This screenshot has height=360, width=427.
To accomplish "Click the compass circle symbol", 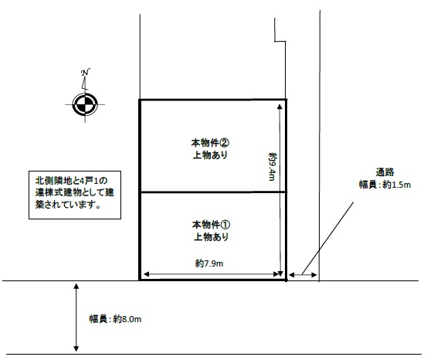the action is tap(85, 104).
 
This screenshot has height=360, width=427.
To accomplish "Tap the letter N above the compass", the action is tap(86, 73).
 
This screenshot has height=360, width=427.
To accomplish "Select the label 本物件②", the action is tap(210, 143).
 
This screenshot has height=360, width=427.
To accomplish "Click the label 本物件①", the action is tap(211, 225).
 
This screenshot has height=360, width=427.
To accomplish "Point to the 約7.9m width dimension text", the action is tap(209, 263).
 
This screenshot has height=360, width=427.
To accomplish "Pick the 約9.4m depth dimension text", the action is tap(273, 167).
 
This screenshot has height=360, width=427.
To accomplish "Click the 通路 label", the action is tap(385, 172).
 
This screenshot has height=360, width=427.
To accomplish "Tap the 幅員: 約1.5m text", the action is tap(385, 185).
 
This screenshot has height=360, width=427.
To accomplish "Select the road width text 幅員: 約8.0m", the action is tap(116, 319).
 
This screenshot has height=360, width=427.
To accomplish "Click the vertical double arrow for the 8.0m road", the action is tap(76, 318).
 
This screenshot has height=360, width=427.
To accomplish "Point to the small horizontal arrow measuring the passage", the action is tap(303, 275).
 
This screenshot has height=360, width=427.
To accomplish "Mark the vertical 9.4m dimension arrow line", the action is tap(280, 190).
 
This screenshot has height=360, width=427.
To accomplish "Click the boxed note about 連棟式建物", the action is tap(75, 195).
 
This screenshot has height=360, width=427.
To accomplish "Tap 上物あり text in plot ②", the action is tap(210, 155).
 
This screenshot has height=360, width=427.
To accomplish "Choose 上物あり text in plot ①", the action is tap(211, 237).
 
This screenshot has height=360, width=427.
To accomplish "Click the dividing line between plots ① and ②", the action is tap(213, 192).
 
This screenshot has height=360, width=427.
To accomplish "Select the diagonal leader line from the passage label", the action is tap(327, 238).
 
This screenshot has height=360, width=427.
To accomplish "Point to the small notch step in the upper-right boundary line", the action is tap(280, 42).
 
